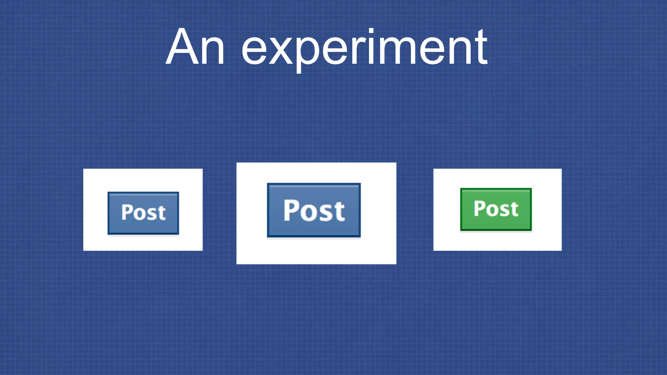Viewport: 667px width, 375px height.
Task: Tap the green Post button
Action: tap(496, 209)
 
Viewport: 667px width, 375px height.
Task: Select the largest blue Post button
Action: tap(314, 210)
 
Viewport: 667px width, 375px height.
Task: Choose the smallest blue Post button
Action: tap(143, 213)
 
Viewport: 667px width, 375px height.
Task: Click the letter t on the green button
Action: tap(514, 209)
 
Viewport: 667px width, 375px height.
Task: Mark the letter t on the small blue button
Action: tap(161, 213)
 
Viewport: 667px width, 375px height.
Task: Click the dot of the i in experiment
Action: tap(371, 32)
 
